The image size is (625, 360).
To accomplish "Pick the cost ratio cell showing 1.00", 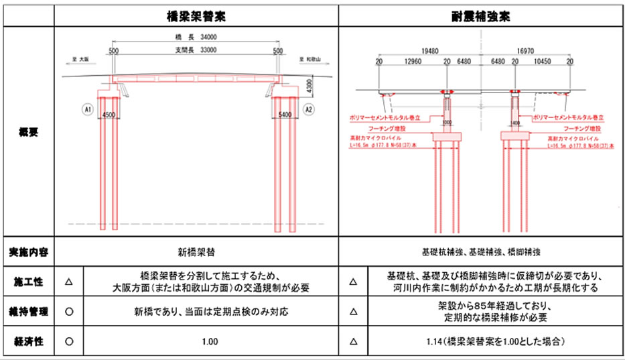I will pos(209,342).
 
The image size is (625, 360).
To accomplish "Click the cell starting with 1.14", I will pos(495,342).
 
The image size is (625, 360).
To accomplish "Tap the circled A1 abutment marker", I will pos(87,108).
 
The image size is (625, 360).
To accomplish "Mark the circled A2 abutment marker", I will pos(308,108).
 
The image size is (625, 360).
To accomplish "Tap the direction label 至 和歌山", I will pos(310,59).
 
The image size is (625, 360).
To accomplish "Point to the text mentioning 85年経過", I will pos(494,306).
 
